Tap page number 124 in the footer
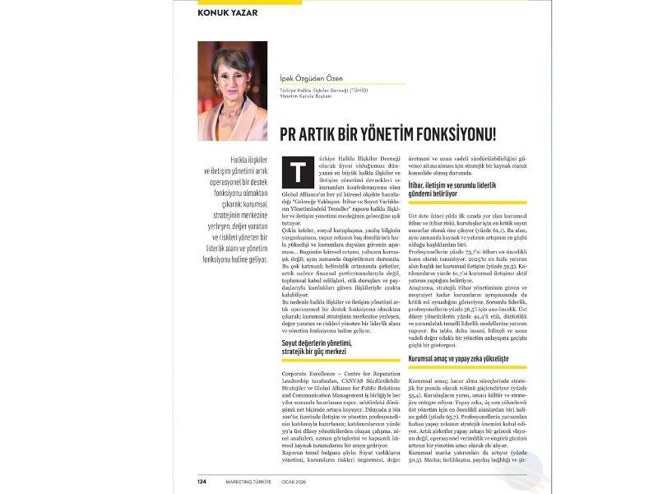pyautogui.click(x=202, y=481)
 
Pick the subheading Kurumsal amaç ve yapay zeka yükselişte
pyautogui.click(x=459, y=359)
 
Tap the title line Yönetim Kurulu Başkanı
pyautogui.click(x=306, y=97)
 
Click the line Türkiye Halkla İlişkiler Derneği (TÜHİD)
pyautogui.click(x=326, y=90)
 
